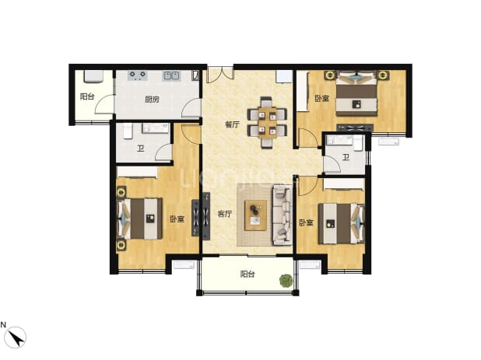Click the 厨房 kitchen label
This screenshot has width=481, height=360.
[152, 100]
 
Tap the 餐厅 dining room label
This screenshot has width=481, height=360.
[232, 124]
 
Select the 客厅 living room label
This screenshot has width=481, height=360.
[225, 214]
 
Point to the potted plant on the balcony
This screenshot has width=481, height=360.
[286, 281]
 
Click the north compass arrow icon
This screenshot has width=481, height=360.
[16, 337]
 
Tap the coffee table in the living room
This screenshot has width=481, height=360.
[255, 215]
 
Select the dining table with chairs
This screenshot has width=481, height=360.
[267, 123]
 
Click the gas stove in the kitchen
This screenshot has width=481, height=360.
[138, 75]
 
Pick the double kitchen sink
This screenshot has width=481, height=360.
[171, 75]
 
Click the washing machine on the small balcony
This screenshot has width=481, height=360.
[93, 76]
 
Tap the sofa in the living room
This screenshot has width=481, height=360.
[283, 215]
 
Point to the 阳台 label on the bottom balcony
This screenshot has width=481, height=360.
[248, 274]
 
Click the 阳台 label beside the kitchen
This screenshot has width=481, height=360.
[87, 96]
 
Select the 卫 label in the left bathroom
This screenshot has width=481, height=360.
[141, 149]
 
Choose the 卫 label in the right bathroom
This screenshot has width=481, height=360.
[346, 158]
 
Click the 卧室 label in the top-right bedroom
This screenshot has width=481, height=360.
[322, 98]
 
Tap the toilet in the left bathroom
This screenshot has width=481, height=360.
[128, 131]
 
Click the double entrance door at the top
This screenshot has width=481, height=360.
[220, 74]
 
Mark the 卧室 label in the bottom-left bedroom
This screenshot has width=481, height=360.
[177, 219]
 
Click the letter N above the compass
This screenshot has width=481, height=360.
[3, 325]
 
